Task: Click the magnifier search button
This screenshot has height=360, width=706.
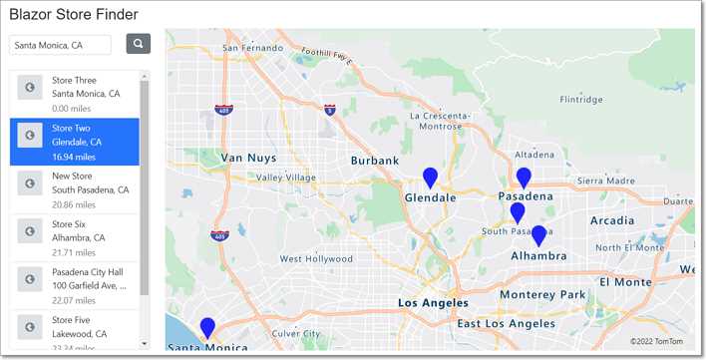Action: (x=138, y=44)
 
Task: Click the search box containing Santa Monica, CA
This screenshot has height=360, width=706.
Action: (x=60, y=45)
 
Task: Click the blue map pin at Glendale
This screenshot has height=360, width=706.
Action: (x=430, y=178)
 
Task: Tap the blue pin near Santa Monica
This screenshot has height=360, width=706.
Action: (x=207, y=326)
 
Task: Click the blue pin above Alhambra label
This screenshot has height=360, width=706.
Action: (x=538, y=235)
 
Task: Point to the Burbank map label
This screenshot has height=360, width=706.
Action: (x=375, y=160)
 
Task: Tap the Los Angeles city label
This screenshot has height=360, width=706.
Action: (x=433, y=302)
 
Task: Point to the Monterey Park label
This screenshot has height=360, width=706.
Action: (x=542, y=294)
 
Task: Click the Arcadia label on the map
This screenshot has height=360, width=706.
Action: (x=611, y=220)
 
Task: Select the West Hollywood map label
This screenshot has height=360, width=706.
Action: (x=316, y=259)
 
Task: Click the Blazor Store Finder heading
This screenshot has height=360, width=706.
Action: (x=74, y=15)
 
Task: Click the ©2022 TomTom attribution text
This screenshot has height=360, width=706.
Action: (x=657, y=341)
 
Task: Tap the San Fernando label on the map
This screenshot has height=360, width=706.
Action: (x=253, y=47)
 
